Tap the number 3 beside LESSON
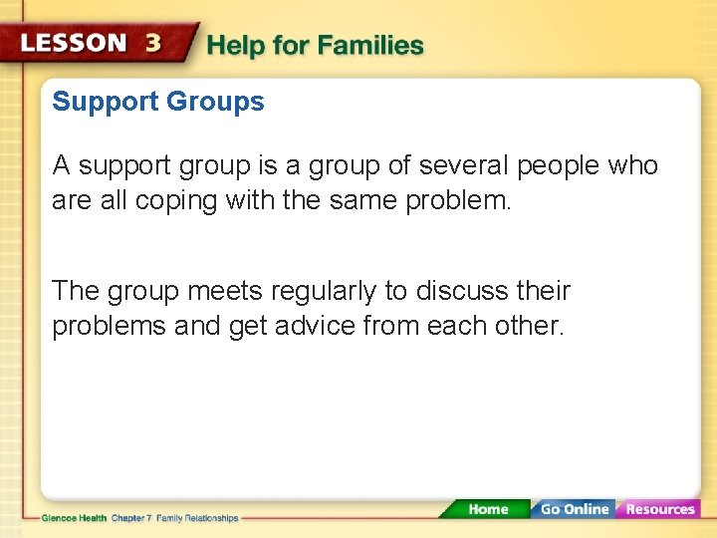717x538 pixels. coord(153,44)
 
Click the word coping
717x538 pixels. coord(176,200)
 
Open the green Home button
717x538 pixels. coord(488,509)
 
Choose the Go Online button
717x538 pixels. coord(574,509)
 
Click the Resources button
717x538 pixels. coord(659,509)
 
